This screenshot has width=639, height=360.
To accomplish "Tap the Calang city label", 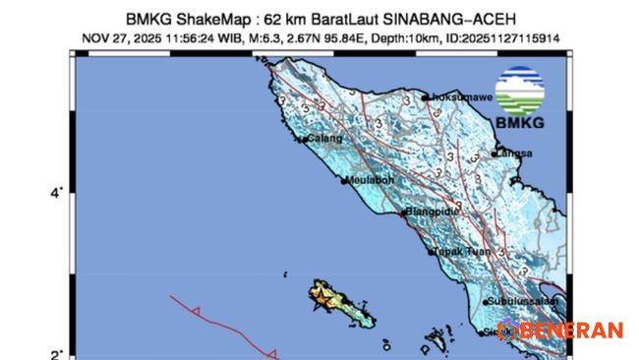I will click(325, 139).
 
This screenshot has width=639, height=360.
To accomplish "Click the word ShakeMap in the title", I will click(208, 19).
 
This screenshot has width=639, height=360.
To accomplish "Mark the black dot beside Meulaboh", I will click(345, 181).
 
